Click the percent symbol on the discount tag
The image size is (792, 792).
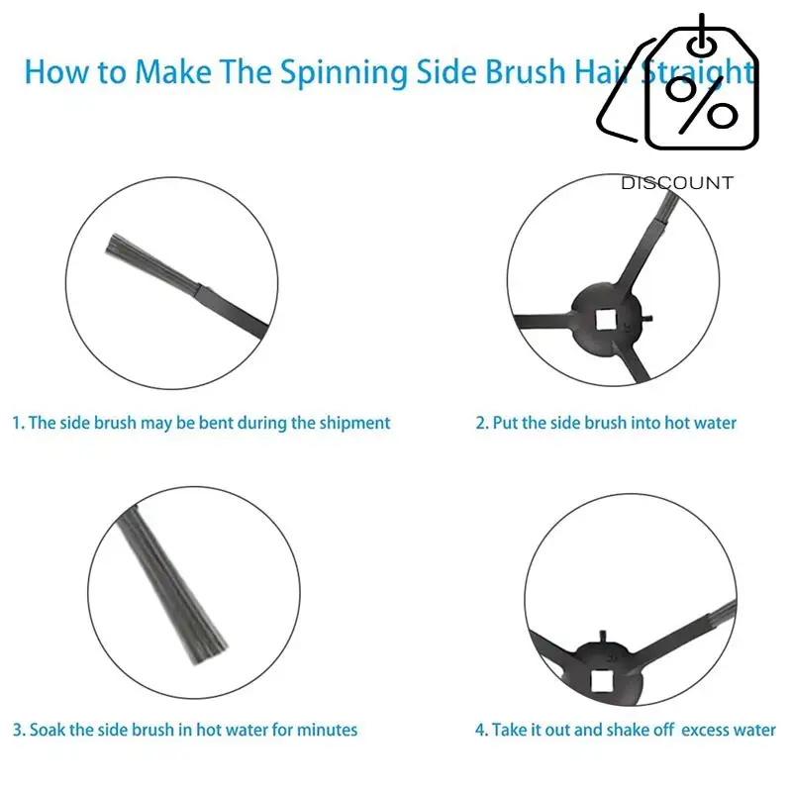pyautogui.click(x=702, y=102)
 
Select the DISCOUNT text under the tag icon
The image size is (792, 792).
pyautogui.click(x=677, y=183)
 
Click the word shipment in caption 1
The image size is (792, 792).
pyautogui.click(x=354, y=423)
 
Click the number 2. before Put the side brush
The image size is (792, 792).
pyautogui.click(x=482, y=423)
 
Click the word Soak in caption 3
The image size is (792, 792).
pyautogui.click(x=48, y=730)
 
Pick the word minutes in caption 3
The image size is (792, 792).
pyautogui.click(x=328, y=730)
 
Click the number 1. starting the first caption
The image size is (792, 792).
pyautogui.click(x=18, y=423)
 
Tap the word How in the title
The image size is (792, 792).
pyautogui.click(x=47, y=72)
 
